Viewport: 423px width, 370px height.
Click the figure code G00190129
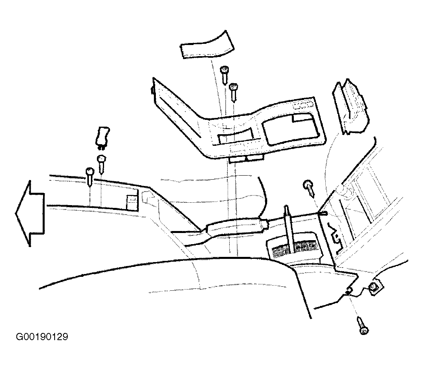(x=42, y=337)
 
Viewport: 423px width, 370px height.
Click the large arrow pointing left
(x=30, y=213)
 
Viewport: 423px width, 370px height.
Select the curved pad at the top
(x=207, y=45)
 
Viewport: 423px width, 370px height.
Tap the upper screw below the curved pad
(x=224, y=75)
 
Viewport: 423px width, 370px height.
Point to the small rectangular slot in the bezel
(x=235, y=136)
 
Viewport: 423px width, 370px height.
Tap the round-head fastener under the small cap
(x=101, y=163)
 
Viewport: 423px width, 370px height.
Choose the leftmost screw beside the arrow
(x=90, y=176)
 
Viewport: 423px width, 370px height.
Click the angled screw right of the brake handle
(x=310, y=188)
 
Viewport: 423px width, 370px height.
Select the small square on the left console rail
(x=132, y=201)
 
